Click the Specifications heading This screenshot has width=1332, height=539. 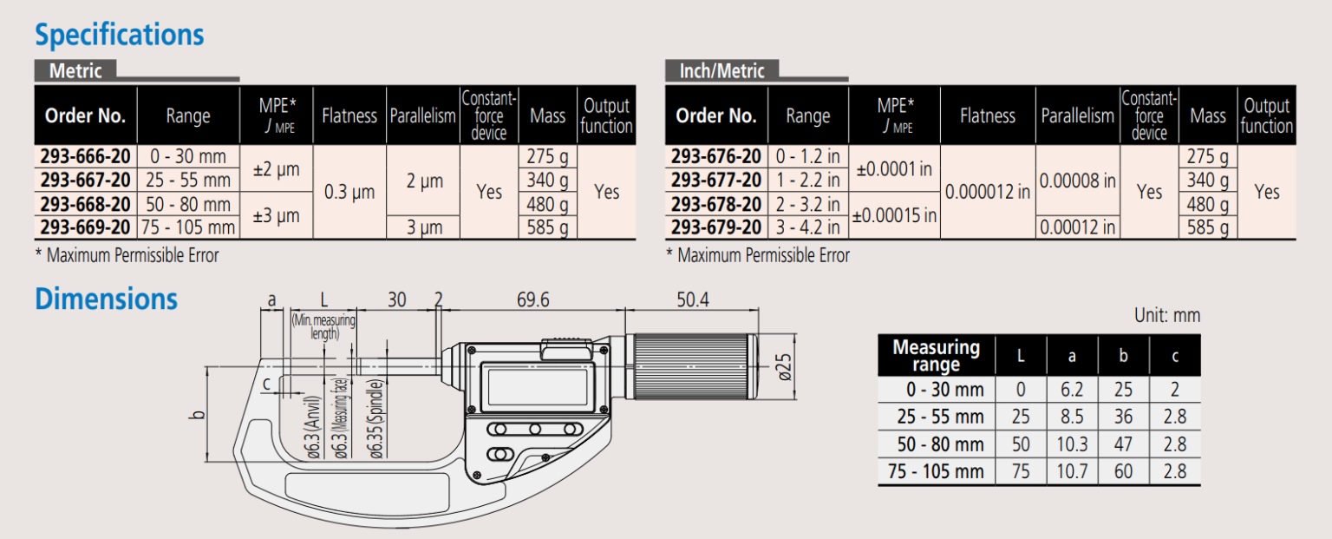[119, 35]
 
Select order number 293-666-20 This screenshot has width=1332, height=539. [86, 156]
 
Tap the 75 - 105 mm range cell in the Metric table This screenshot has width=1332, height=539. [188, 227]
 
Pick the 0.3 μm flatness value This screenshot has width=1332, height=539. [349, 192]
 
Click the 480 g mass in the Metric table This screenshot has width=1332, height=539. [547, 204]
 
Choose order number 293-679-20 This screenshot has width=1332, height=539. [716, 227]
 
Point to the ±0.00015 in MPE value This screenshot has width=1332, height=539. [894, 215]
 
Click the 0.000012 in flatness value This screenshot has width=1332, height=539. [987, 192]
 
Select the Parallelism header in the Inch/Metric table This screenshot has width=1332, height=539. [1077, 115]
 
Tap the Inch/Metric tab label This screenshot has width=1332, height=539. [721, 71]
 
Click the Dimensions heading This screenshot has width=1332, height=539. [106, 299]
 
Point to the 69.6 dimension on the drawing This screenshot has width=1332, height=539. [532, 299]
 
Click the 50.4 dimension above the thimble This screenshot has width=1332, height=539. [693, 299]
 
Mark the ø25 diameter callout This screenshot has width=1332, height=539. [784, 367]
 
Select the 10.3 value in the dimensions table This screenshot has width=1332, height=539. [1072, 444]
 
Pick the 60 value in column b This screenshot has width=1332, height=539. [1123, 472]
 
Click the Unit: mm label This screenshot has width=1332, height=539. [1166, 315]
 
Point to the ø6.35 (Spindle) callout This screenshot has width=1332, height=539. [376, 419]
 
